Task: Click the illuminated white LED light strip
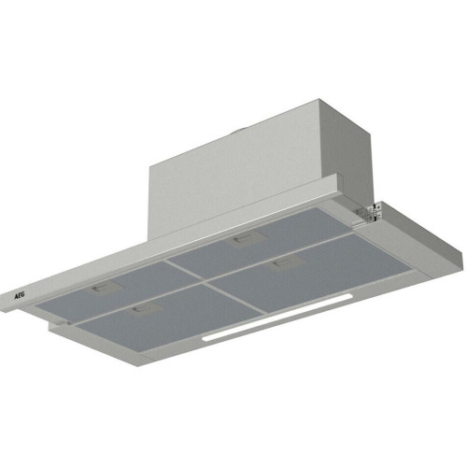[277, 318]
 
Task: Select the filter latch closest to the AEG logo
[104, 288]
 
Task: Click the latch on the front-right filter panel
[285, 263]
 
